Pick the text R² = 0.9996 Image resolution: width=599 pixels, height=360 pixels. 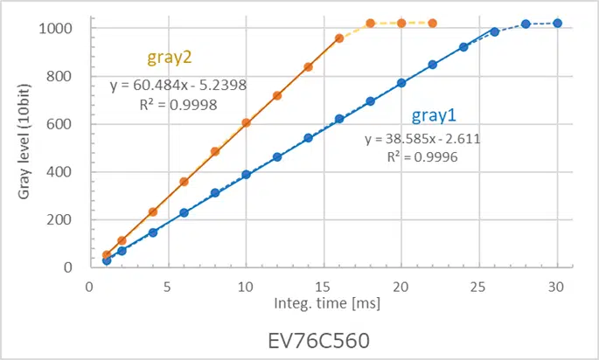click(x=422, y=157)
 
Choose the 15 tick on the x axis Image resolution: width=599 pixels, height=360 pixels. click(x=323, y=285)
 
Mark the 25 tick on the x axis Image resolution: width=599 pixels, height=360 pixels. click(x=478, y=285)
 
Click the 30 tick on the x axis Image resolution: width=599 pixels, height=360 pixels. click(x=557, y=285)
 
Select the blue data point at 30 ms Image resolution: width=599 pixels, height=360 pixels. click(x=557, y=24)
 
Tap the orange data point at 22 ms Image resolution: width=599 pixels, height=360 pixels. click(x=432, y=24)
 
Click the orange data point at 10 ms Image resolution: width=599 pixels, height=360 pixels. click(x=246, y=122)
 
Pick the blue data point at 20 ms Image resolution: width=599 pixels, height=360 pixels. click(x=401, y=83)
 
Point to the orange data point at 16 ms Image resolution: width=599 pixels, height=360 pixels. click(x=339, y=38)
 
